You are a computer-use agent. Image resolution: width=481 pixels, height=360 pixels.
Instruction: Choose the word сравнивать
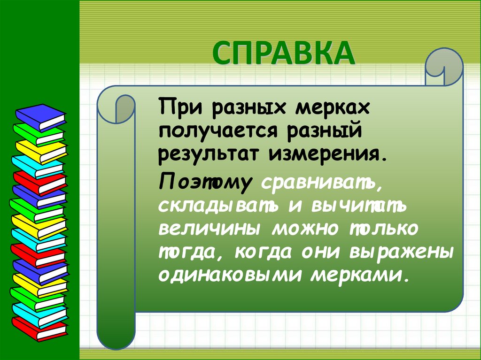pos(321,183)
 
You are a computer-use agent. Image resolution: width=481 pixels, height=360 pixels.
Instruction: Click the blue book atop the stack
pos(40,115)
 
